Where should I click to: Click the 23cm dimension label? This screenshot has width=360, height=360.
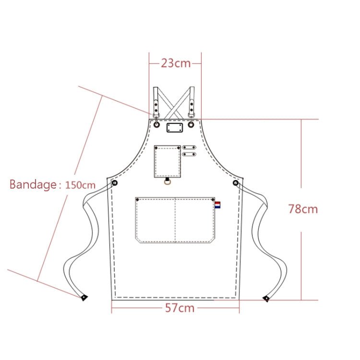175,63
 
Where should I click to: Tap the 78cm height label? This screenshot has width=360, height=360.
303,209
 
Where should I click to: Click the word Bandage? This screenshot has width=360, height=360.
33,185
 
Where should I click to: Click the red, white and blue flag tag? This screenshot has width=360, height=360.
217,205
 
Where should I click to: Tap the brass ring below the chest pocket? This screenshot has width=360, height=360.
167,181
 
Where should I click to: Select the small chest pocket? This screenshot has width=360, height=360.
167,162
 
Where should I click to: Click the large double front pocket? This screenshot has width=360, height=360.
175,219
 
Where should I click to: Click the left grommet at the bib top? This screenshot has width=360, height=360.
157,125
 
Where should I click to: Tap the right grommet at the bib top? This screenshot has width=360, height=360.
191,125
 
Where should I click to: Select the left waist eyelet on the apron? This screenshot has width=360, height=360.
115,183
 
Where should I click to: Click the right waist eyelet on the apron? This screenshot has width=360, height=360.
236,183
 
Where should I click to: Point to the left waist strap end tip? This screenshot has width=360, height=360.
84,298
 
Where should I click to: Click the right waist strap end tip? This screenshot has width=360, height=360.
266,299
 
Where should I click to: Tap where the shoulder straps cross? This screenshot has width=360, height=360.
174,101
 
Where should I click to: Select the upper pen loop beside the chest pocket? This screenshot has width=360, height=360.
190,147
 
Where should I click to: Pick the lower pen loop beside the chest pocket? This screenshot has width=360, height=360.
190,154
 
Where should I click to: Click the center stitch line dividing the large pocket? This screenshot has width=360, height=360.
175,219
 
